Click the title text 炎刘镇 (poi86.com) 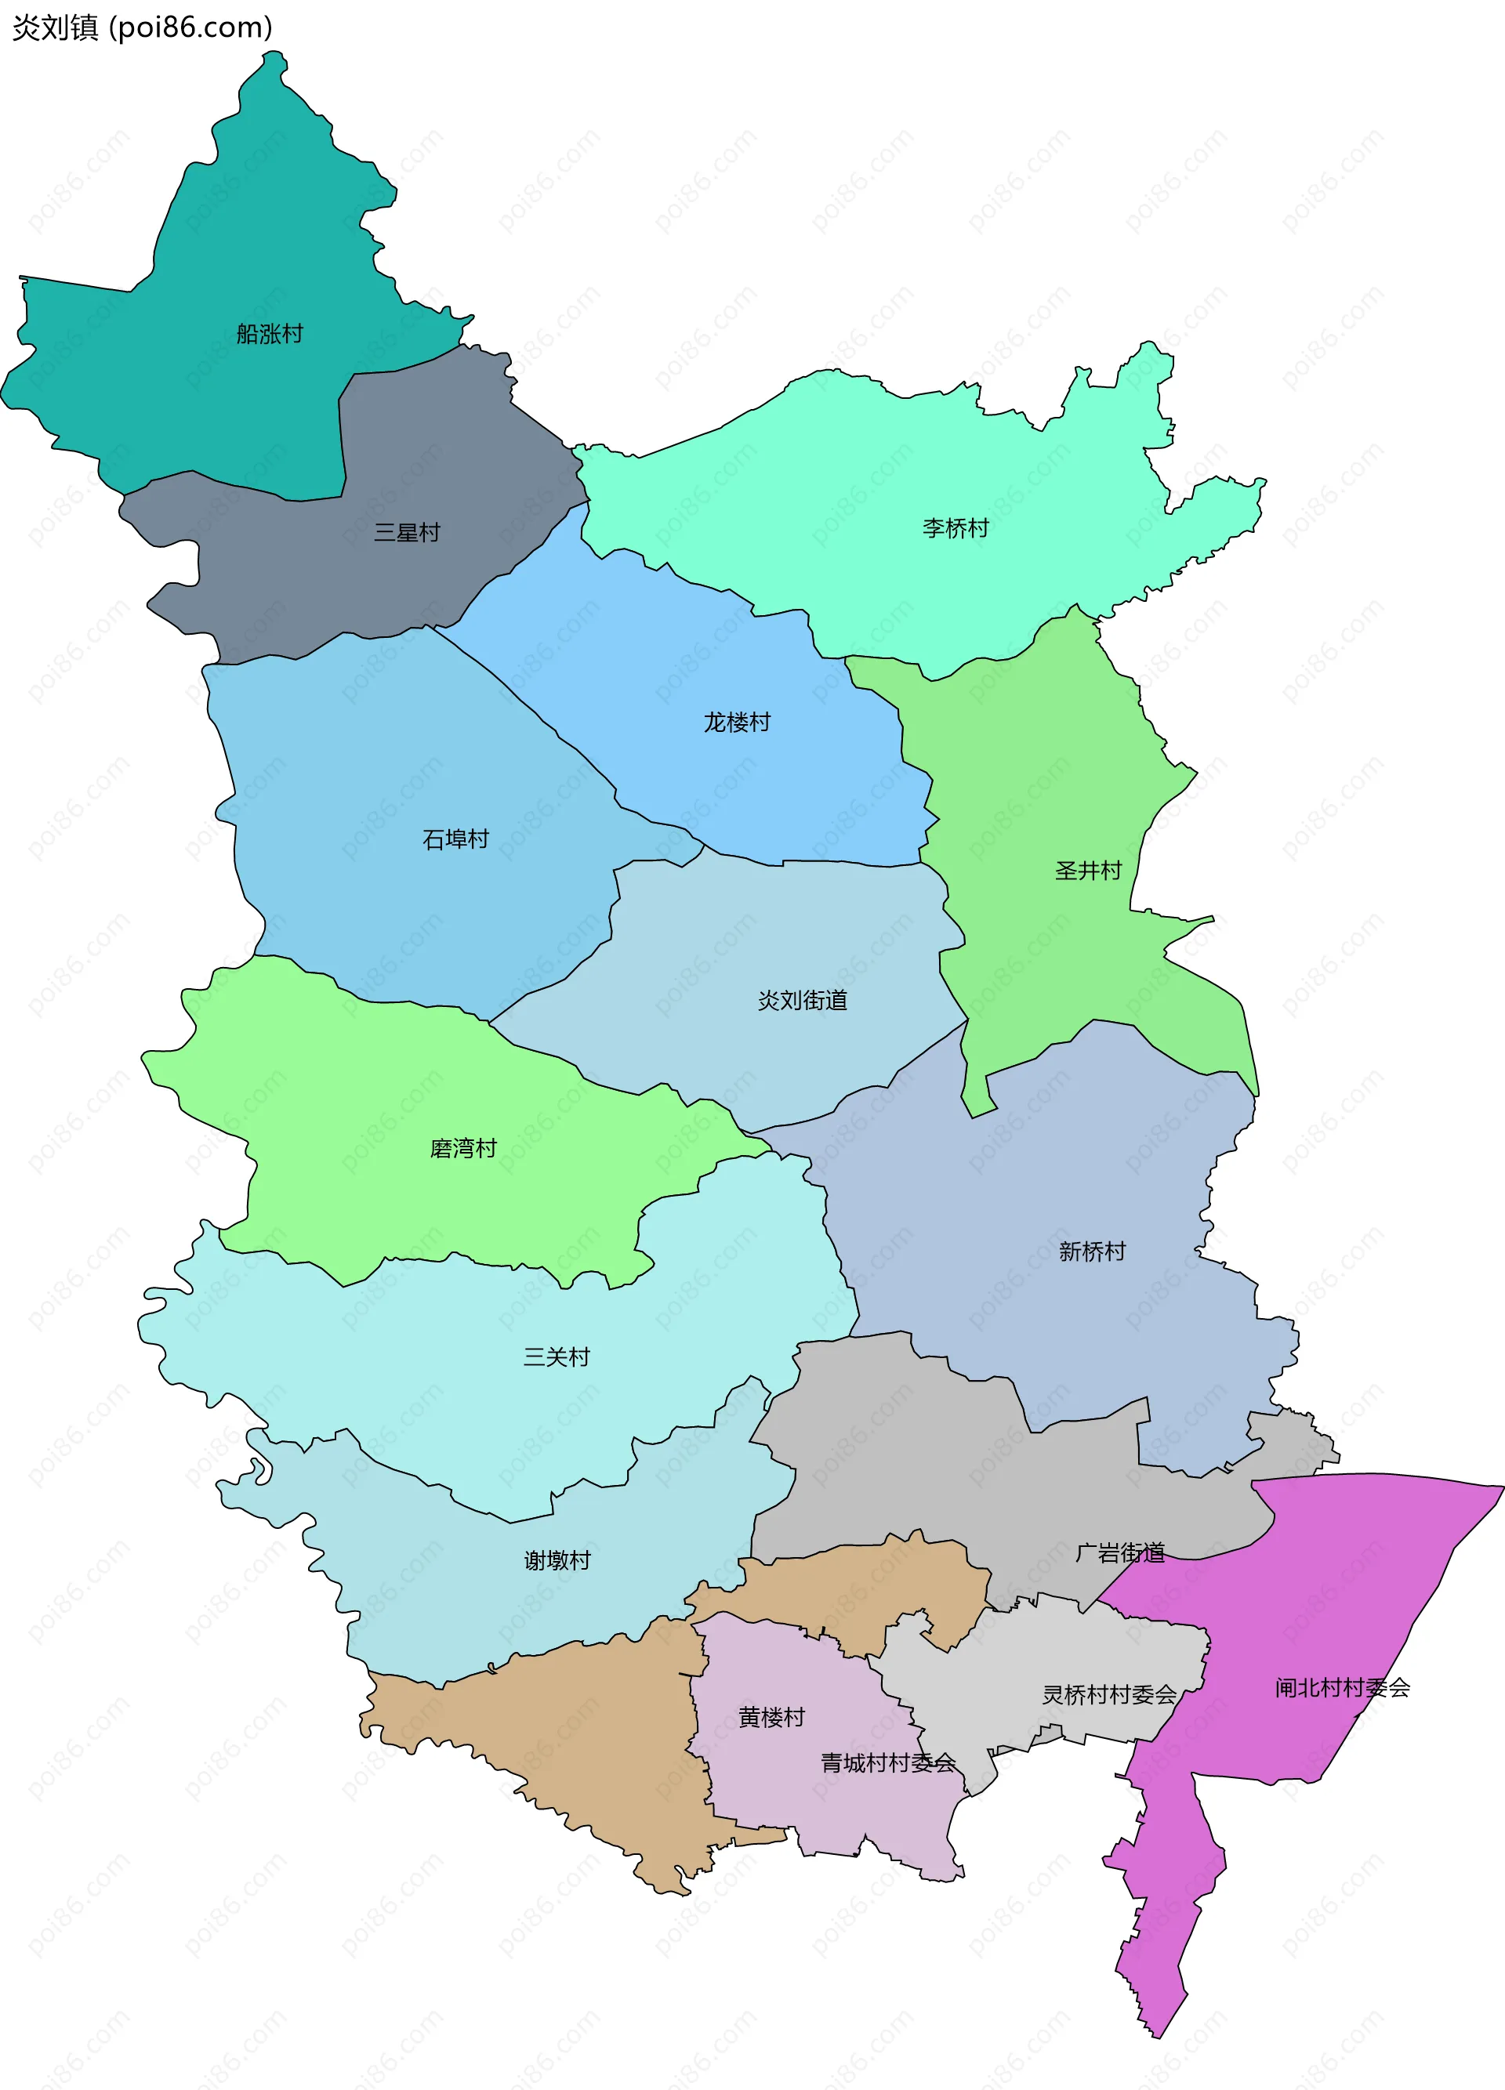click(142, 27)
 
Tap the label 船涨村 click(269, 334)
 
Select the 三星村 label click(407, 533)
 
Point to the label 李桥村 click(955, 528)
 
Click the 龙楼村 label click(736, 723)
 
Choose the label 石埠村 click(455, 839)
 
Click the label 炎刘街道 click(802, 1001)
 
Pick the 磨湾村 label click(462, 1148)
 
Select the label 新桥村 click(1091, 1251)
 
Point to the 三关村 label click(556, 1357)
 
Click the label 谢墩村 click(557, 1560)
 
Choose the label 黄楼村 click(771, 1718)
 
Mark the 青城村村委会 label click(887, 1763)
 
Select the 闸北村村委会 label click(1342, 1688)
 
